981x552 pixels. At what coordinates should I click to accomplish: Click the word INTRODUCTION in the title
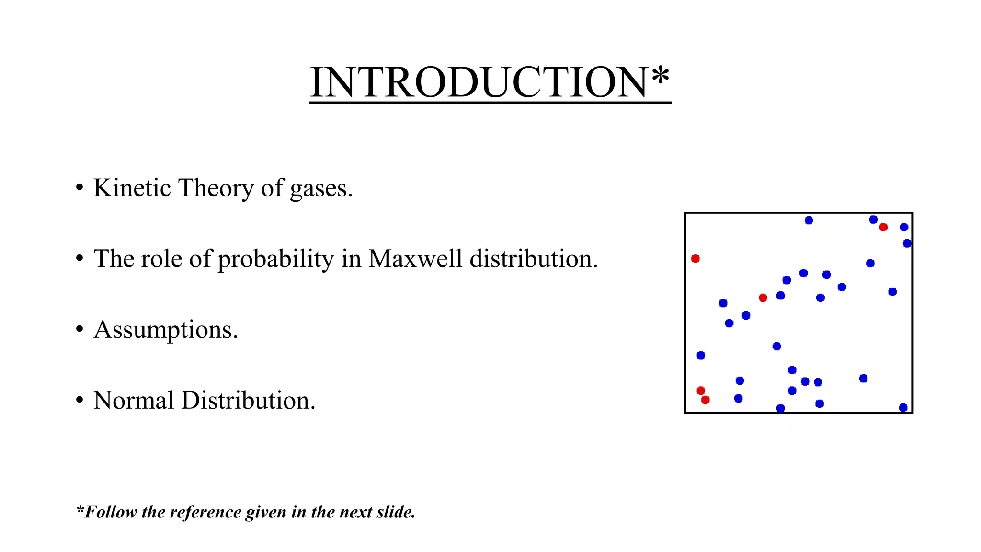pyautogui.click(x=479, y=82)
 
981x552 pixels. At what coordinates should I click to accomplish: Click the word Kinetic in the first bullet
pyautogui.click(x=132, y=188)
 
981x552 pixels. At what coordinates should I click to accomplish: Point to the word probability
pyautogui.click(x=276, y=259)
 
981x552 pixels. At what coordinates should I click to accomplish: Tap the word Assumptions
pyautogui.click(x=165, y=330)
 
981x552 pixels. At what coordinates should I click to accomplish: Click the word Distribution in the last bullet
pyautogui.click(x=248, y=400)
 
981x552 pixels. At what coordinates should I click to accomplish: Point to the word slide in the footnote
pyautogui.click(x=395, y=512)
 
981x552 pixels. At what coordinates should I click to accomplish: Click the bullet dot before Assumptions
pyautogui.click(x=80, y=330)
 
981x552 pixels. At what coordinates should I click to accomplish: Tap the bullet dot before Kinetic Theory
pyautogui.click(x=80, y=188)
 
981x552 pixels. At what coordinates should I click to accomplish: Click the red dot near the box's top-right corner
pyautogui.click(x=883, y=227)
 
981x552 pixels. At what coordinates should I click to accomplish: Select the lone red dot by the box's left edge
pyautogui.click(x=696, y=259)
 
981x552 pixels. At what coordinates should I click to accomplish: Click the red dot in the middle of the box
pyautogui.click(x=763, y=298)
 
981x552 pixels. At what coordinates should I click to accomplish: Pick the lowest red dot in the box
pyautogui.click(x=705, y=400)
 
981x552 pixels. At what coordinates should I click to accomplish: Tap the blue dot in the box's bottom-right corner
pyautogui.click(x=903, y=408)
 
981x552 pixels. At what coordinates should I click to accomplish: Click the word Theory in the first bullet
pyautogui.click(x=216, y=188)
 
